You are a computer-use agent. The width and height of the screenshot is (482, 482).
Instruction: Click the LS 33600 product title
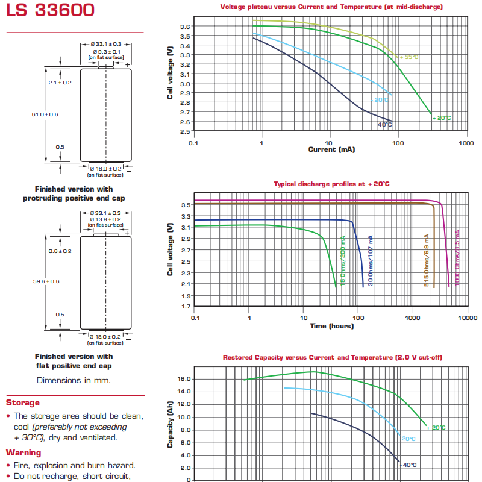(50, 10)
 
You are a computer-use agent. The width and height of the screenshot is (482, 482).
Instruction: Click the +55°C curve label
(409, 57)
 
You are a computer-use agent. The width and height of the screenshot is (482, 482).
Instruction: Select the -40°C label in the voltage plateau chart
(383, 125)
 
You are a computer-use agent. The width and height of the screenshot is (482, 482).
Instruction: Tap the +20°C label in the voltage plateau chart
(442, 118)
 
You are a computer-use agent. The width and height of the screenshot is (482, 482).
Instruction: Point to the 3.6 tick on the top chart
(185, 27)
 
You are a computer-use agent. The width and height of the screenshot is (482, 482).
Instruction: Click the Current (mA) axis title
(332, 149)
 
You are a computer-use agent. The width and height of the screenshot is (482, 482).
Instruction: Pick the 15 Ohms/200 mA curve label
(343, 261)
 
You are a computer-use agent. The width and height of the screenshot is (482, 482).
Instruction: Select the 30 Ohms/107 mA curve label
(371, 261)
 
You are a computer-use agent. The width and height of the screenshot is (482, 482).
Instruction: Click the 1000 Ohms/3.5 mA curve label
(457, 258)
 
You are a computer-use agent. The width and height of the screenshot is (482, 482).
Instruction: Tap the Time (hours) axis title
(332, 326)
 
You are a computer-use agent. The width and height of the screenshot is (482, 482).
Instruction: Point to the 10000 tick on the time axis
(468, 318)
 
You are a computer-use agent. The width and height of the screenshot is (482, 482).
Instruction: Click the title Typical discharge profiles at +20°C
(332, 184)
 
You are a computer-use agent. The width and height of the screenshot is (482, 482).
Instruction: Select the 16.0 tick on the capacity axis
(184, 379)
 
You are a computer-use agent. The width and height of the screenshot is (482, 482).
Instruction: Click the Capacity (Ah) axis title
(170, 424)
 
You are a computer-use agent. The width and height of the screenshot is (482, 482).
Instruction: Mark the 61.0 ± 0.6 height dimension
(45, 114)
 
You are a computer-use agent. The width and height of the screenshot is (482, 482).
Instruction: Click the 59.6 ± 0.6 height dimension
(46, 281)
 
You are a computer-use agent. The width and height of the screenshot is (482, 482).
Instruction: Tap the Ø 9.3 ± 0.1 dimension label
(107, 52)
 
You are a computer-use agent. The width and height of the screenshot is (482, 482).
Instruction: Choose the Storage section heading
(23, 402)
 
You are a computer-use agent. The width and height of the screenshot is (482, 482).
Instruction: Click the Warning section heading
(23, 453)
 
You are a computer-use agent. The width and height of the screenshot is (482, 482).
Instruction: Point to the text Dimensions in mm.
(74, 381)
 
